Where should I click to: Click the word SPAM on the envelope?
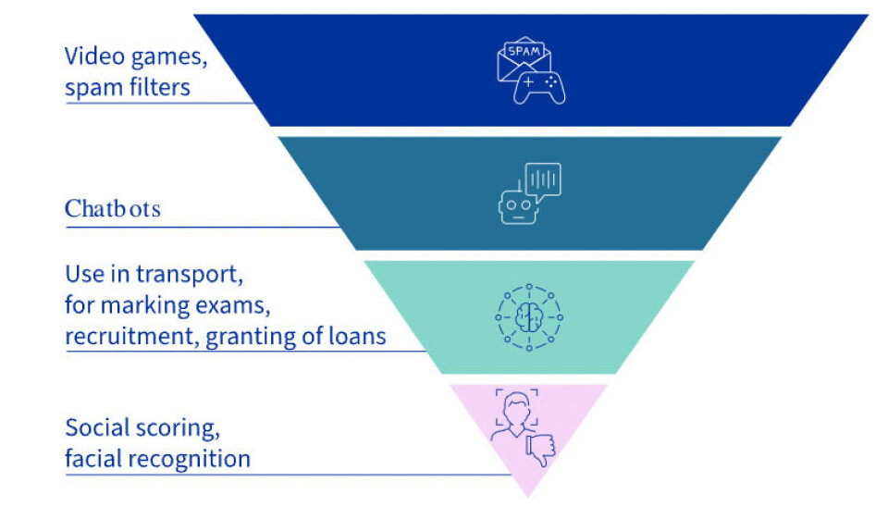click(x=519, y=52)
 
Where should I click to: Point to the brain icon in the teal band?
click(x=528, y=316)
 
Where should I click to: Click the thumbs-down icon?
click(x=540, y=449)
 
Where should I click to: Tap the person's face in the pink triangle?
click(x=514, y=407)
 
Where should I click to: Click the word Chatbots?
click(x=112, y=209)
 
